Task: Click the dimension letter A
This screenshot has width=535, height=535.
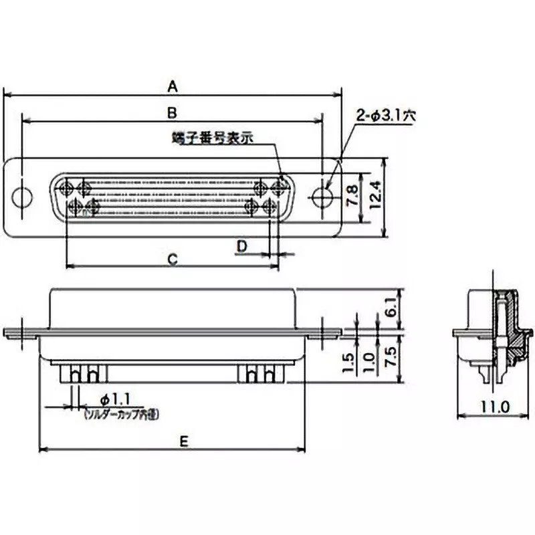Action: [173, 86]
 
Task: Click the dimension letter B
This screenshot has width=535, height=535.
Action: [172, 112]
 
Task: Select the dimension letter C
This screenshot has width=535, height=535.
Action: [172, 259]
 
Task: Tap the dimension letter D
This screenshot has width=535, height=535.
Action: [242, 246]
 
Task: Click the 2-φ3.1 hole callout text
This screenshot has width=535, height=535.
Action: [386, 116]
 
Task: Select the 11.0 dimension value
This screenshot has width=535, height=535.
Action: [496, 406]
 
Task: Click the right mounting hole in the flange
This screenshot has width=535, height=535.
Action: [324, 197]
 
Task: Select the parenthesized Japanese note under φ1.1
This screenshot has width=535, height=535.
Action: [121, 415]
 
